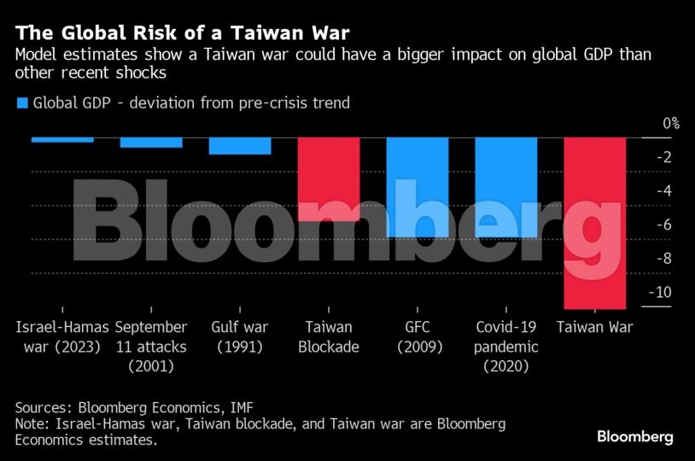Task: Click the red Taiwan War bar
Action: pyautogui.click(x=595, y=222)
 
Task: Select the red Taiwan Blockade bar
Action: pyautogui.click(x=329, y=179)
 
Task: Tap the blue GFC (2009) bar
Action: pyautogui.click(x=418, y=187)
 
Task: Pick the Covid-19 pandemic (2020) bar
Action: pyautogui.click(x=506, y=187)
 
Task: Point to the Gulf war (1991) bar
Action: pyautogui.click(x=240, y=146)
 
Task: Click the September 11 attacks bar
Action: pyautogui.click(x=151, y=143)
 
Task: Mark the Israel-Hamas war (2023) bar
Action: pyautogui.click(x=62, y=139)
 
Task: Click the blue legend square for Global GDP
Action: pyautogui.click(x=22, y=103)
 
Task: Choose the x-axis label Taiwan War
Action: pyautogui.click(x=595, y=328)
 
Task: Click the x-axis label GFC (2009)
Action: pyautogui.click(x=418, y=337)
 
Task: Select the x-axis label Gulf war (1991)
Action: pyautogui.click(x=240, y=337)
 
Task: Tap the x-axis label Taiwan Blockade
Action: pyautogui.click(x=329, y=337)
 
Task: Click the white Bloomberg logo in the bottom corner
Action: pyautogui.click(x=634, y=437)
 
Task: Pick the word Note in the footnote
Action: pyautogui.click(x=31, y=424)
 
